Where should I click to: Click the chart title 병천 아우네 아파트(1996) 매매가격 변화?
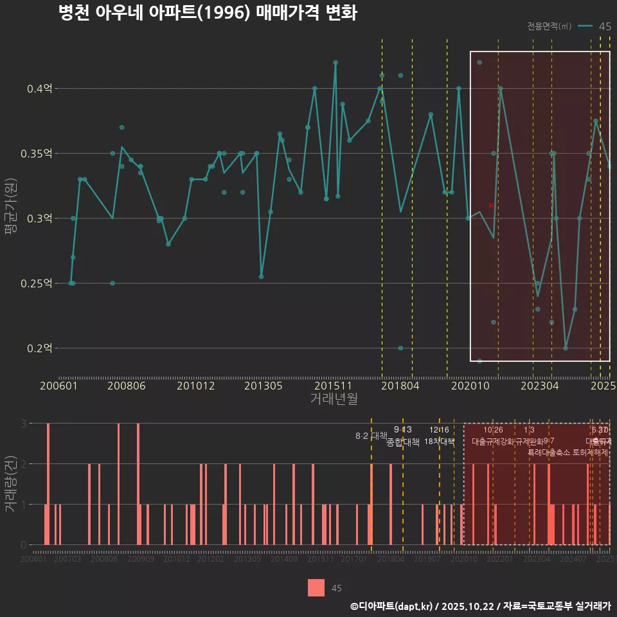point(207,13)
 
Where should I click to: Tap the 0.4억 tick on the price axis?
point(40,89)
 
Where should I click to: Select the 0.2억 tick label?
point(40,348)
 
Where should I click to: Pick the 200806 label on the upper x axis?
point(126,386)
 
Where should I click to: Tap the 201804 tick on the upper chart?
point(401,386)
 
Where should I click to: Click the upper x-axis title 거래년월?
point(334,399)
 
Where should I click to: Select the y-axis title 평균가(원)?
point(10,219)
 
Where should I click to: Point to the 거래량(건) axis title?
point(10,484)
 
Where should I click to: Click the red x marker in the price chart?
point(491,205)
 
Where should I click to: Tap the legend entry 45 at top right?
point(604,26)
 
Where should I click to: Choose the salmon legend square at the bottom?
point(316,587)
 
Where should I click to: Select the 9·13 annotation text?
point(403,430)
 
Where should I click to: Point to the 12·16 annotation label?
point(440,430)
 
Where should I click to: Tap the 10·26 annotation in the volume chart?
point(493,430)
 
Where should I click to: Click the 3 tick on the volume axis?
point(23,424)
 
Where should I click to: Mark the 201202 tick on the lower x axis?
point(211,560)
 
